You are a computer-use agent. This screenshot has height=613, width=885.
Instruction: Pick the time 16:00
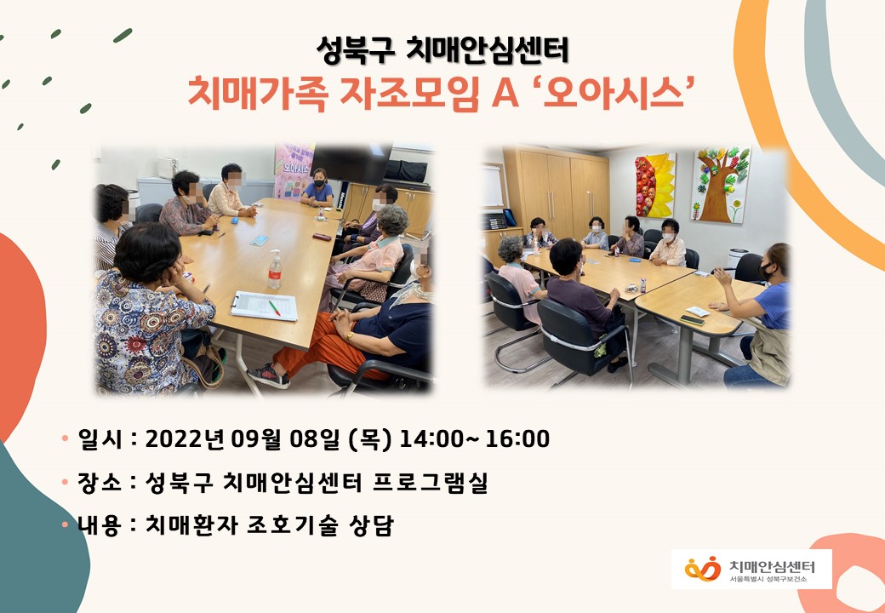click(517, 439)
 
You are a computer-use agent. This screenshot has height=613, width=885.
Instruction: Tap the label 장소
click(100, 483)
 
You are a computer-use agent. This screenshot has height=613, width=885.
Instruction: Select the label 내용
click(100, 525)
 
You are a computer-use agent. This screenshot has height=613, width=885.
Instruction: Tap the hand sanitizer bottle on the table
click(274, 269)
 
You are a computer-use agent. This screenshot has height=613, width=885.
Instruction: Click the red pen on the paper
click(275, 308)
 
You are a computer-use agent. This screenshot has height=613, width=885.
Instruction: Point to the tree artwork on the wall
click(721, 184)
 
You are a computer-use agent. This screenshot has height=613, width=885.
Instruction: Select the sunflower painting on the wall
click(655, 185)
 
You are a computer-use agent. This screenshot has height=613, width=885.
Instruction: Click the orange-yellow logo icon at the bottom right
click(703, 569)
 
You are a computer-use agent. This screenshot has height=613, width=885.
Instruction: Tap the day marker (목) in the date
click(370, 439)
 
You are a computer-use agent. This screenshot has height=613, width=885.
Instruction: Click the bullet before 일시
click(65, 438)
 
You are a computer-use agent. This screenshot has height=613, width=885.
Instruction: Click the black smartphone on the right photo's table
click(692, 320)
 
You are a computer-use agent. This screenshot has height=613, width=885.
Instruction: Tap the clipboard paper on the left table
click(264, 306)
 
